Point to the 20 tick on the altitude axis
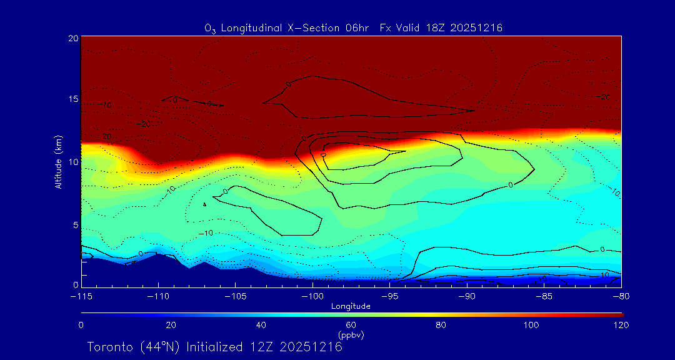click(x=72, y=38)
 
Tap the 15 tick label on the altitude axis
click(x=72, y=99)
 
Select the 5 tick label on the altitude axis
click(x=74, y=224)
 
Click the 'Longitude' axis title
click(x=351, y=306)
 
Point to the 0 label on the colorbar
click(x=81, y=325)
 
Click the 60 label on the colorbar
click(x=351, y=325)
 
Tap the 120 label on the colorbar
click(x=621, y=325)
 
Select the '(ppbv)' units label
click(x=351, y=335)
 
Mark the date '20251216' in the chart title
click(x=476, y=28)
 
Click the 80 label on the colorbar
click(x=441, y=325)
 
